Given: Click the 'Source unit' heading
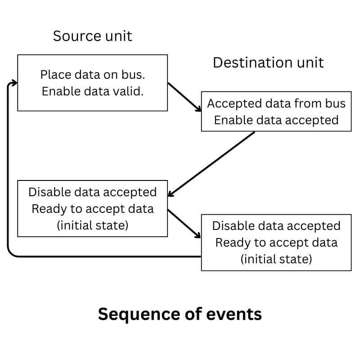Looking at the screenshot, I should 92,36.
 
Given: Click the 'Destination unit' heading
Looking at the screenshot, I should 268,63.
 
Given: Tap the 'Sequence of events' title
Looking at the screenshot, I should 180,314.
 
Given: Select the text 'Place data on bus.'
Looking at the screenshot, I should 92,75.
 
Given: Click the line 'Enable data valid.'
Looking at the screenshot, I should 92,91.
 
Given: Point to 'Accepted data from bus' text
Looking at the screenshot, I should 276,103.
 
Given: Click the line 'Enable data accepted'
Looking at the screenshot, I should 276,120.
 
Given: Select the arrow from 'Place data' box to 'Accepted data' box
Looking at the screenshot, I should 184,96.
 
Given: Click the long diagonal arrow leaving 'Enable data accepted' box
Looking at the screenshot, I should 211,164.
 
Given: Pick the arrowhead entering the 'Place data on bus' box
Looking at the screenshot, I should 15,83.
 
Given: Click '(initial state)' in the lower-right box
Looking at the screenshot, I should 276,259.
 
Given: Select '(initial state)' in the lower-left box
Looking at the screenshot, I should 92,225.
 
